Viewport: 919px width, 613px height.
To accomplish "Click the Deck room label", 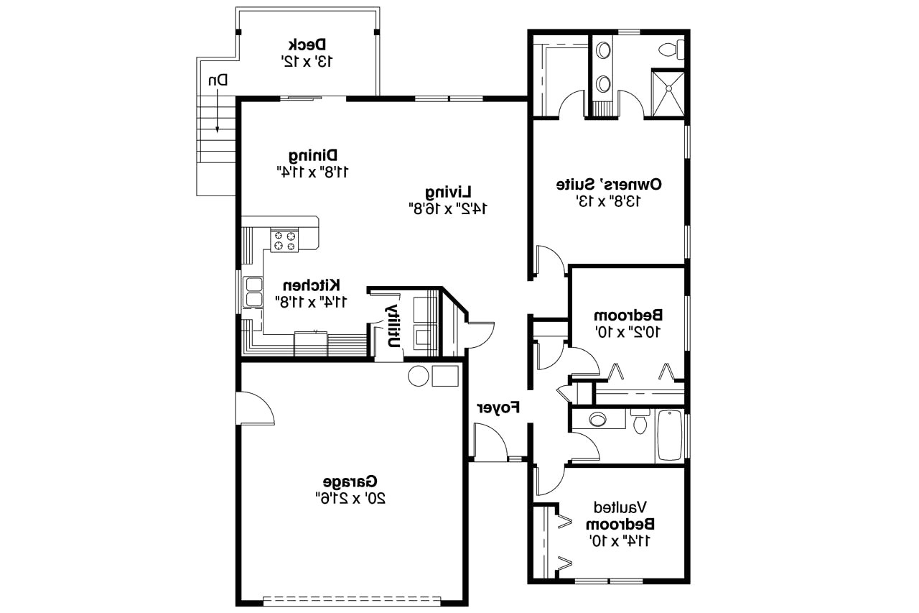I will (x=308, y=44).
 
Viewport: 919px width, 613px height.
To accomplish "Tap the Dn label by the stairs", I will (x=218, y=80).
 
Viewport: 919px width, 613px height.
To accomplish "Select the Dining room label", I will (x=313, y=155).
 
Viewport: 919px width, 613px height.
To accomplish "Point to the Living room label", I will (x=447, y=192).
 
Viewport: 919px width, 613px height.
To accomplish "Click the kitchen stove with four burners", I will (x=284, y=240).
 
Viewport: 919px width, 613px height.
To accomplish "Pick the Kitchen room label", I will (x=311, y=285).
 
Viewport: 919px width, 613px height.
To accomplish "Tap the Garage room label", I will (x=350, y=481).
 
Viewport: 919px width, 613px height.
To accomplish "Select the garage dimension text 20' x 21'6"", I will (x=350, y=497).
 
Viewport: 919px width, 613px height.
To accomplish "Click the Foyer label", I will (x=498, y=408).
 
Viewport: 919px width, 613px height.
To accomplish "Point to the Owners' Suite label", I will (x=609, y=185).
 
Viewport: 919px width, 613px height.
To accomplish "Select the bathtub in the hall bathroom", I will (x=670, y=435).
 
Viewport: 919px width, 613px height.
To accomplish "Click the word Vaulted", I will (x=621, y=507).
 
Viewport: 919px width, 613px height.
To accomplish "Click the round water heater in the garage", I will (x=419, y=375).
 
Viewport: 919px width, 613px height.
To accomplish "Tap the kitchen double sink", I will (x=253, y=291).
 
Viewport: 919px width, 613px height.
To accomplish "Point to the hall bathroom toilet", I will (x=640, y=423).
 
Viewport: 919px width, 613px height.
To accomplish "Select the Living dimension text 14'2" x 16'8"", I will (x=447, y=208).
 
